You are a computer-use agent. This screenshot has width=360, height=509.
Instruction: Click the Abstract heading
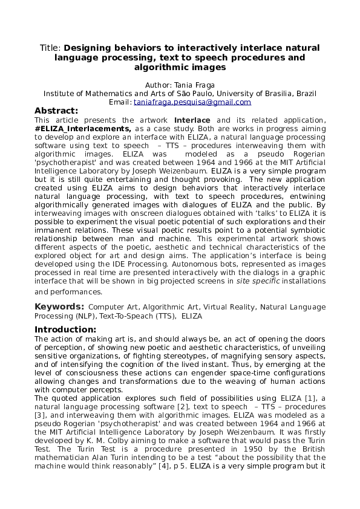point(56,111)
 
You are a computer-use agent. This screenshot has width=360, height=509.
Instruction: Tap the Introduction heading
point(65,329)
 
